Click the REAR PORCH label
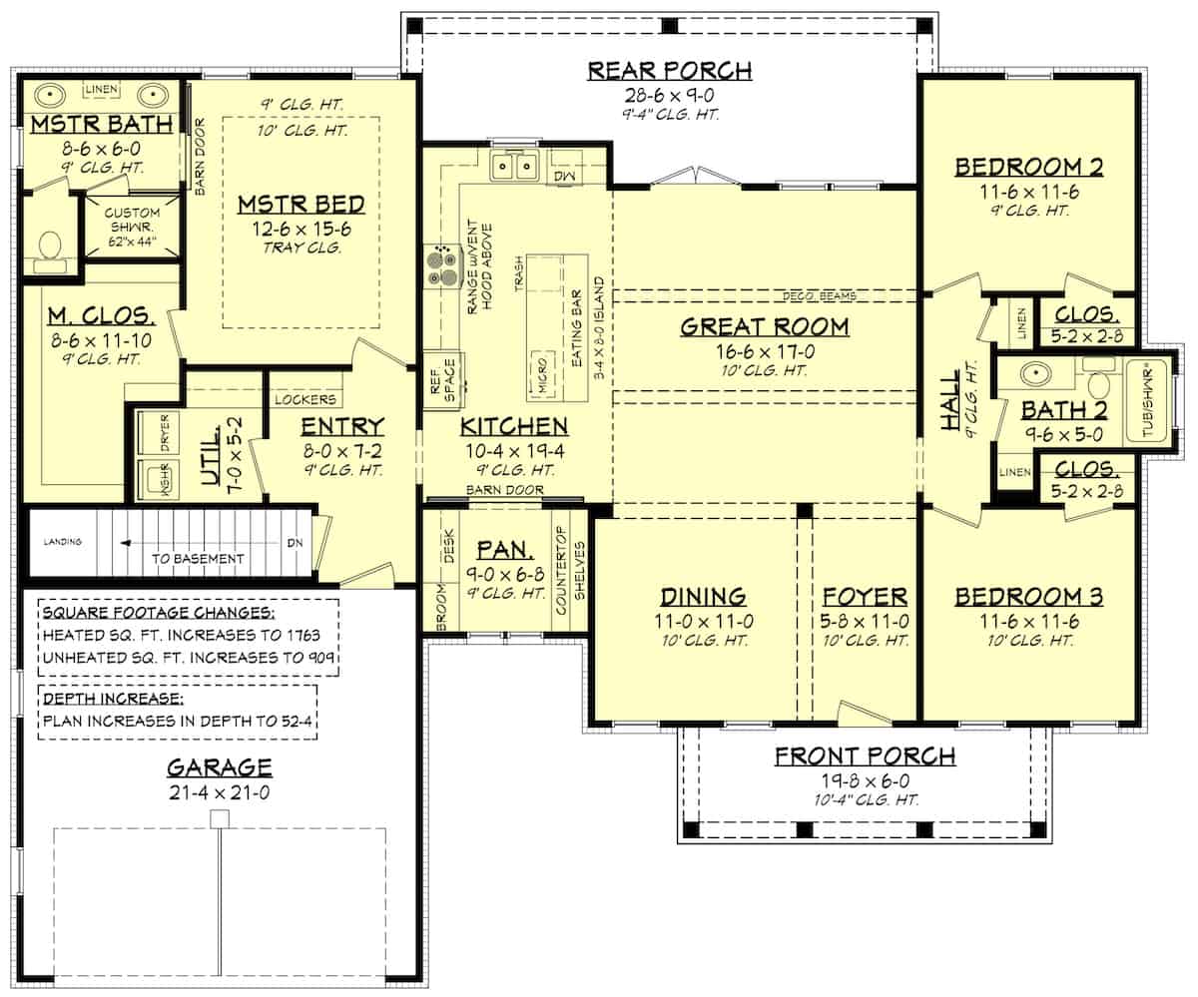pyautogui.click(x=669, y=70)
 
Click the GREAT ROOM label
pyautogui.click(x=765, y=326)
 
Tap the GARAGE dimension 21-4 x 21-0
pyautogui.click(x=219, y=793)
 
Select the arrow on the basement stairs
pyautogui.click(x=128, y=544)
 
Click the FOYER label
pyautogui.click(x=865, y=597)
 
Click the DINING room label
pyautogui.click(x=703, y=597)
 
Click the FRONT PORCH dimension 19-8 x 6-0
pyautogui.click(x=865, y=780)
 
